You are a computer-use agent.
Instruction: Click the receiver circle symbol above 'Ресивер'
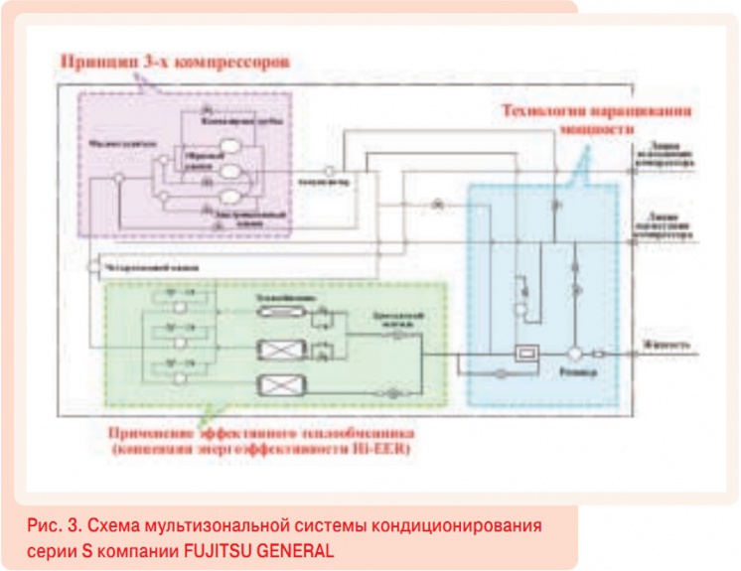click(574, 353)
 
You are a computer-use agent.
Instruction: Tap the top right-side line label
click(666, 159)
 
